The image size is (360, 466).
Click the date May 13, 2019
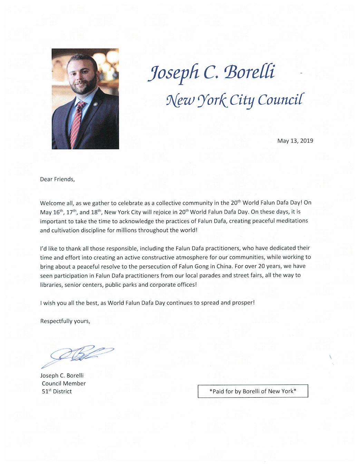[x=295, y=140]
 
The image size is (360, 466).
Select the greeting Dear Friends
[x=57, y=179]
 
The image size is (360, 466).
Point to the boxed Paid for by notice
[x=253, y=391]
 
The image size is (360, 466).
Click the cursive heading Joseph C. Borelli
[x=212, y=72]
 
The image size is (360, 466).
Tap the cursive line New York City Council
[x=235, y=100]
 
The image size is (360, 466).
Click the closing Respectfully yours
[x=65, y=321]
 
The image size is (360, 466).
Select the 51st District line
[x=57, y=391]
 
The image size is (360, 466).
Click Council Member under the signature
[x=64, y=383]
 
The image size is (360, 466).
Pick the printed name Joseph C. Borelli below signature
[x=62, y=375]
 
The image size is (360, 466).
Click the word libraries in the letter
[x=51, y=285]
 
